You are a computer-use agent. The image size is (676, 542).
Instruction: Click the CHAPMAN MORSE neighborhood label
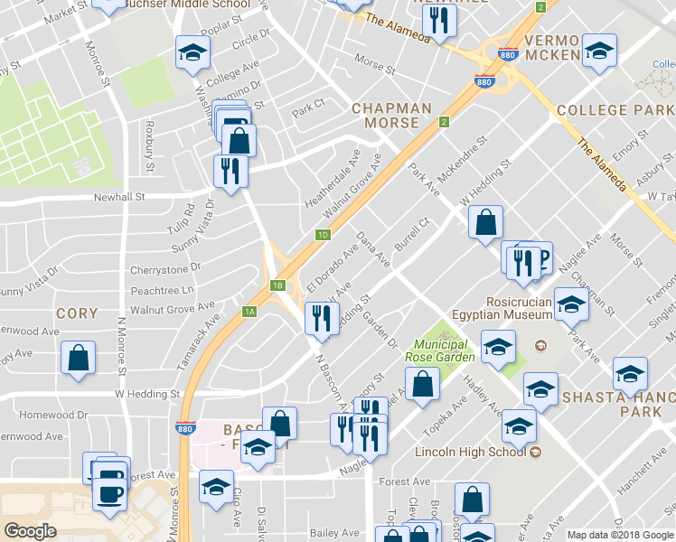(391, 116)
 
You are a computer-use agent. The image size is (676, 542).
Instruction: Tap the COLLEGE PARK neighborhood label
(615, 110)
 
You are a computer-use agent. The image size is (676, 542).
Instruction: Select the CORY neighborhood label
(77, 313)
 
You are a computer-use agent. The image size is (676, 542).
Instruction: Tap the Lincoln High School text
(471, 452)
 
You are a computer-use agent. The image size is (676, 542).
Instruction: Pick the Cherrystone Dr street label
(165, 269)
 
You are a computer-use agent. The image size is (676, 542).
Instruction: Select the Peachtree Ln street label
(162, 290)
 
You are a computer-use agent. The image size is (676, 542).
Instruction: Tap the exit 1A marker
(250, 313)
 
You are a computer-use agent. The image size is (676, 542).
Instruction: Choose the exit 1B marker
(278, 286)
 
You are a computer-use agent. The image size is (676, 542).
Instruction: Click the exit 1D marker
(323, 235)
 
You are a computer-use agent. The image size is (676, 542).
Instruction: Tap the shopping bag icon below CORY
(79, 357)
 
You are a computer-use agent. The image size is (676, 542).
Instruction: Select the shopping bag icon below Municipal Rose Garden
(422, 384)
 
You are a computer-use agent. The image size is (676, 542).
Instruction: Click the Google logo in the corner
(30, 531)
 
